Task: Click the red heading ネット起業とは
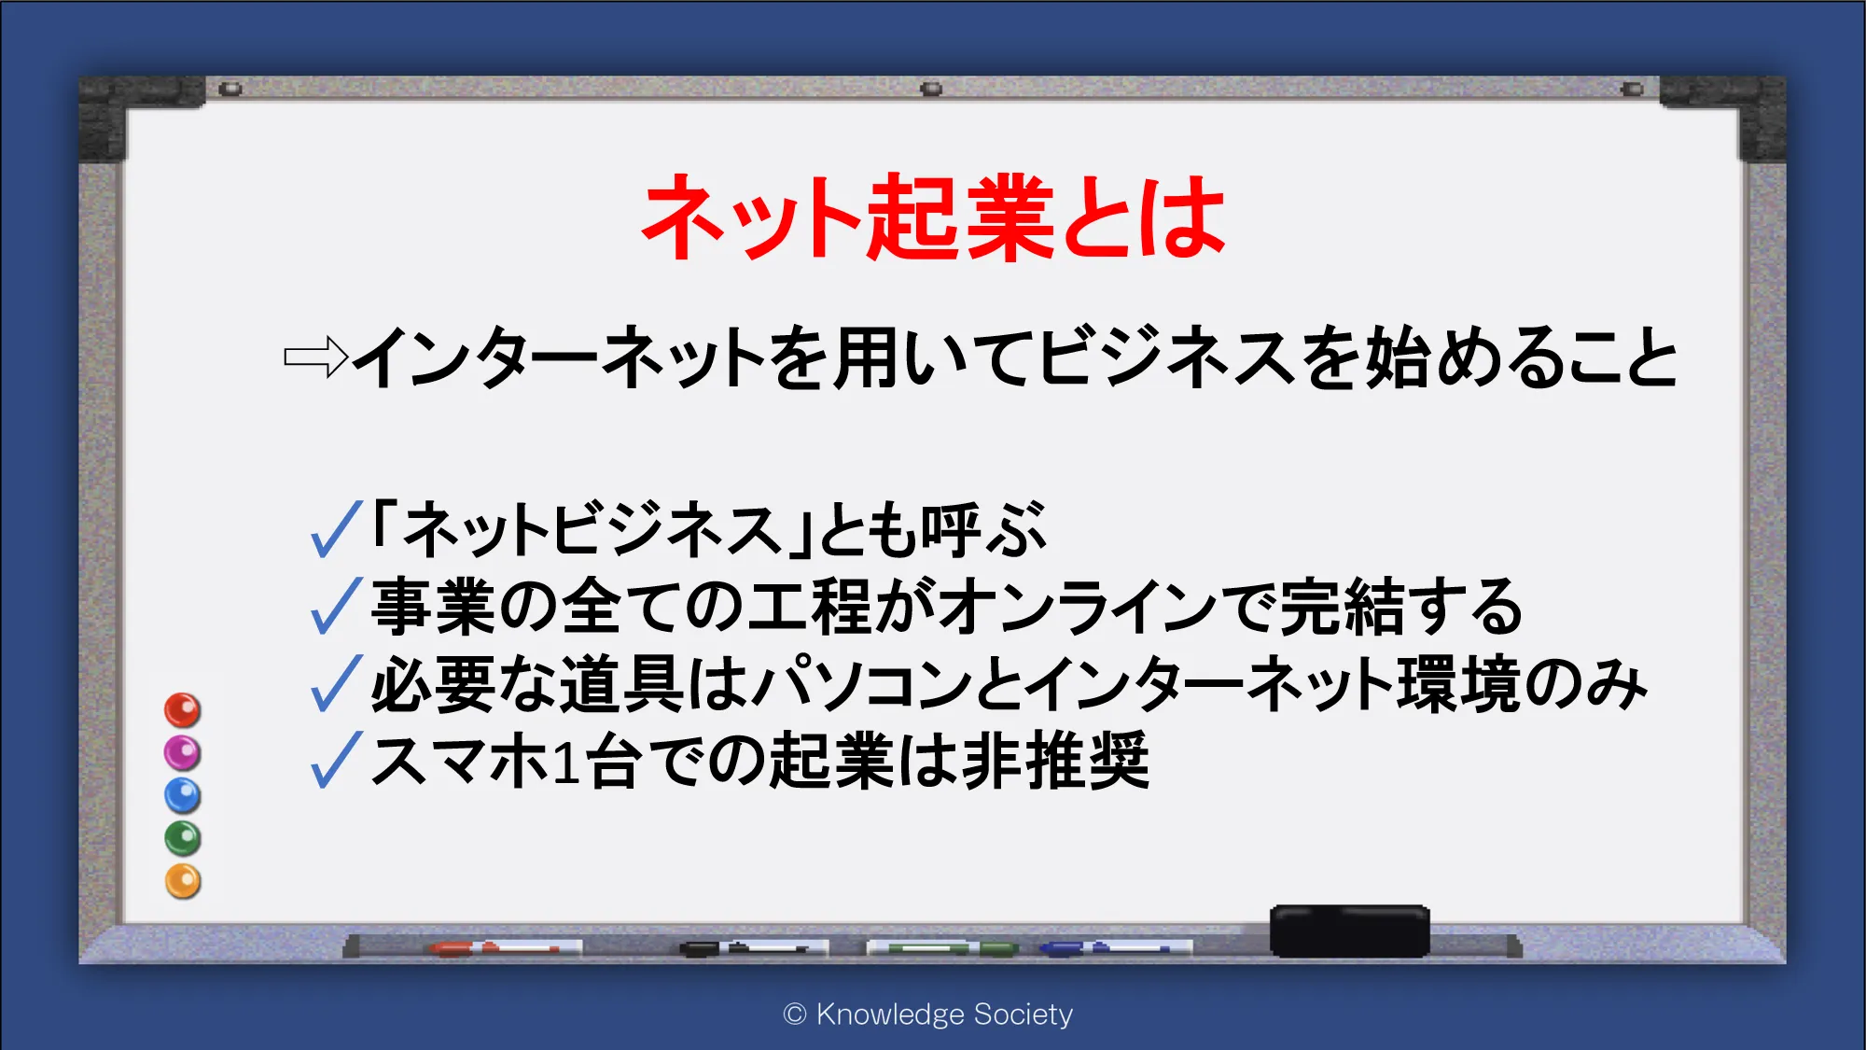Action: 934,217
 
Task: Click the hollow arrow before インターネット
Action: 315,357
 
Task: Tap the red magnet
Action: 183,710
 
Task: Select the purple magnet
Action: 183,752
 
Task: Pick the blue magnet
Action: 183,795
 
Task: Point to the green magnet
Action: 183,838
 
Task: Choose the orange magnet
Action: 183,881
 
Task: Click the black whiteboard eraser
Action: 1349,931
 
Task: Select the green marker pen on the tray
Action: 942,948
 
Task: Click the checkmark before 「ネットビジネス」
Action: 336,528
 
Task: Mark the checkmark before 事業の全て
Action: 336,606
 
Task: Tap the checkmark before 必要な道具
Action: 336,683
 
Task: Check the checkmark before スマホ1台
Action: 336,760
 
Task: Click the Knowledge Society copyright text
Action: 928,1015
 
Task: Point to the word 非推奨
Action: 1055,760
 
